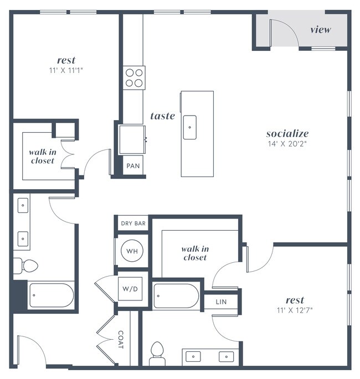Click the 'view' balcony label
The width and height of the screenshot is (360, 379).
(321, 29)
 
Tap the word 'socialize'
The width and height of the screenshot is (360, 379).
(287, 133)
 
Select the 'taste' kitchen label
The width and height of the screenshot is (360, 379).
(163, 116)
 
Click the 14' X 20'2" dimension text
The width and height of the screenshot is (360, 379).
(287, 144)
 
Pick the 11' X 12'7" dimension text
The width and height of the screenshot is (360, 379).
(295, 310)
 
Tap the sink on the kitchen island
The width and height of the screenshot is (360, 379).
(190, 127)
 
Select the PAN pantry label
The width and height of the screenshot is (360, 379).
(133, 165)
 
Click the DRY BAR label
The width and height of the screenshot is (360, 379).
(133, 224)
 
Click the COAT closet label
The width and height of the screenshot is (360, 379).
(121, 340)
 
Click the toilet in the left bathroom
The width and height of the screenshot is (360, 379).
(26, 266)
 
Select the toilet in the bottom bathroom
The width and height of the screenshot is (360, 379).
(157, 352)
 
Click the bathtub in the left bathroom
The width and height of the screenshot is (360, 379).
(51, 295)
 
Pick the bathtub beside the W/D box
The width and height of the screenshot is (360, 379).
(176, 296)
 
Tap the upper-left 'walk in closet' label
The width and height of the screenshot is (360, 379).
(43, 156)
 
